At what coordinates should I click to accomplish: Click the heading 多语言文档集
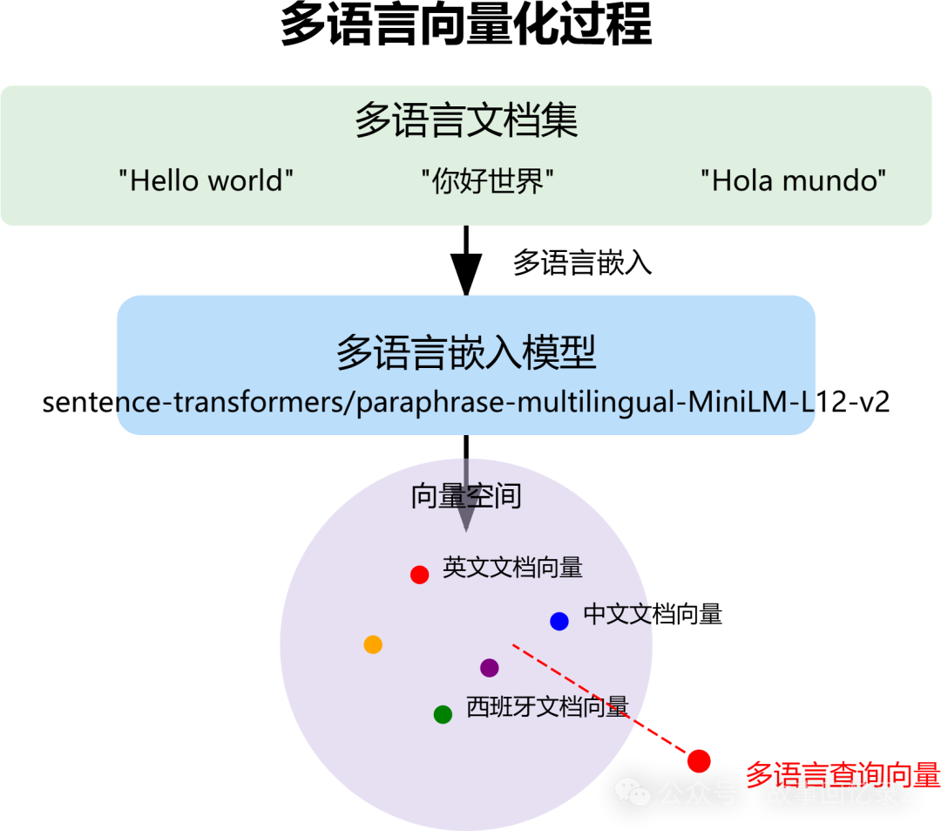click(x=466, y=121)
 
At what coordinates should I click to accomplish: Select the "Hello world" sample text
click(x=206, y=181)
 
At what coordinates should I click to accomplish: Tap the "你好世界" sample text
click(x=488, y=181)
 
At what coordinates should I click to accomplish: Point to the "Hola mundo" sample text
click(x=794, y=181)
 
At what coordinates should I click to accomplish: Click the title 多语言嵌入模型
click(x=466, y=353)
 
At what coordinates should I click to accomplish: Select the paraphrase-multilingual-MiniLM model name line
click(x=466, y=402)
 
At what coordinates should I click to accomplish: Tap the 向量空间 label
click(x=466, y=496)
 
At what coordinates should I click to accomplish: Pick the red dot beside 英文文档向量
click(x=419, y=575)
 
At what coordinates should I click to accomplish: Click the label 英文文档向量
click(x=512, y=568)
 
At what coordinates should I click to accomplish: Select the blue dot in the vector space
click(x=559, y=621)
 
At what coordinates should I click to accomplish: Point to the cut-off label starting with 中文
click(x=618, y=614)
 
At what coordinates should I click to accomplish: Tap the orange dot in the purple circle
click(x=373, y=644)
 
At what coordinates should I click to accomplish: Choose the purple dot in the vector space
click(x=490, y=668)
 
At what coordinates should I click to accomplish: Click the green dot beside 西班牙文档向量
click(x=443, y=714)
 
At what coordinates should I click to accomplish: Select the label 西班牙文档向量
click(x=547, y=706)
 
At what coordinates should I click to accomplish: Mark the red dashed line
click(x=601, y=702)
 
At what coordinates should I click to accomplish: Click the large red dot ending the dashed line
click(x=699, y=761)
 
